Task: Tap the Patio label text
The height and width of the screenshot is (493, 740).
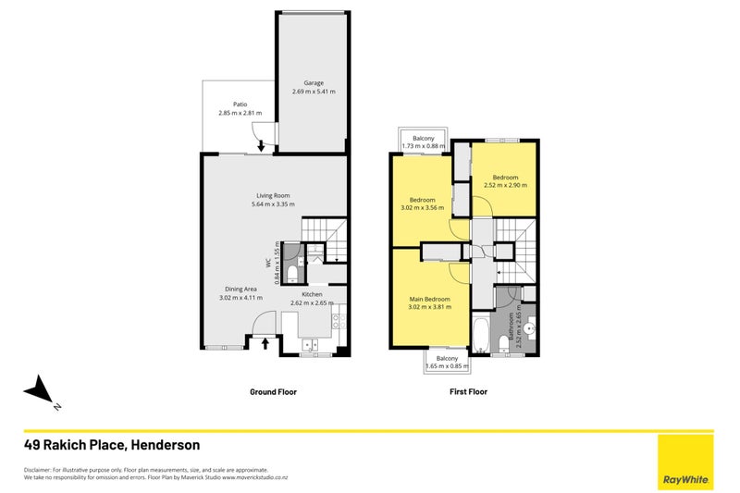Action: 240,104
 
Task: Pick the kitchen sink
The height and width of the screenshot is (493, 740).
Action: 311,345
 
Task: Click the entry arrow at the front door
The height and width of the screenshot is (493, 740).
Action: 267,344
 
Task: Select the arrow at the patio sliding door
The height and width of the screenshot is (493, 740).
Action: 261,144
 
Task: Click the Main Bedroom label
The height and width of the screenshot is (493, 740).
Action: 430,299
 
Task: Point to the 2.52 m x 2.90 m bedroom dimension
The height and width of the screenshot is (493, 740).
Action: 504,186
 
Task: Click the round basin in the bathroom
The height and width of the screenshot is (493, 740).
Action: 529,327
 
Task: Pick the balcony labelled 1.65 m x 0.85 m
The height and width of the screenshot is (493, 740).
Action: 448,363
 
